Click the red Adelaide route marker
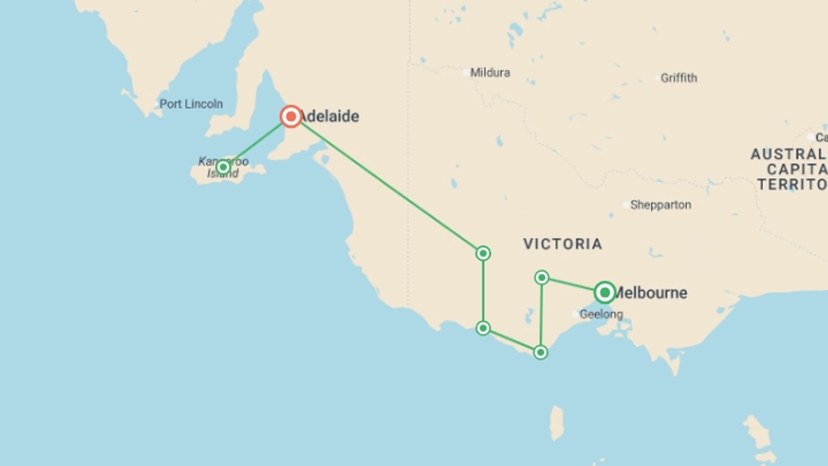click(x=291, y=116)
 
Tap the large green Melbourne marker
click(x=605, y=293)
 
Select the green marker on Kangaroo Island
click(x=223, y=167)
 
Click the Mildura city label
click(x=490, y=72)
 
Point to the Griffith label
click(x=679, y=78)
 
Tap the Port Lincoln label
click(x=191, y=104)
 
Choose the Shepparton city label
click(x=661, y=205)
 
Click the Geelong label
click(x=601, y=314)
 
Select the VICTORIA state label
click(x=563, y=244)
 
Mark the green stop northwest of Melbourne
click(x=542, y=277)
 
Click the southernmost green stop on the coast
click(x=540, y=353)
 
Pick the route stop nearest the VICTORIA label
click(x=483, y=253)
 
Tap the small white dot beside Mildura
click(x=466, y=72)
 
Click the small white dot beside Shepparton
click(x=626, y=205)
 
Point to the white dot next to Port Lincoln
click(x=156, y=104)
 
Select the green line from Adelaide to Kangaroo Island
click(x=257, y=142)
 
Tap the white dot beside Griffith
click(x=657, y=78)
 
